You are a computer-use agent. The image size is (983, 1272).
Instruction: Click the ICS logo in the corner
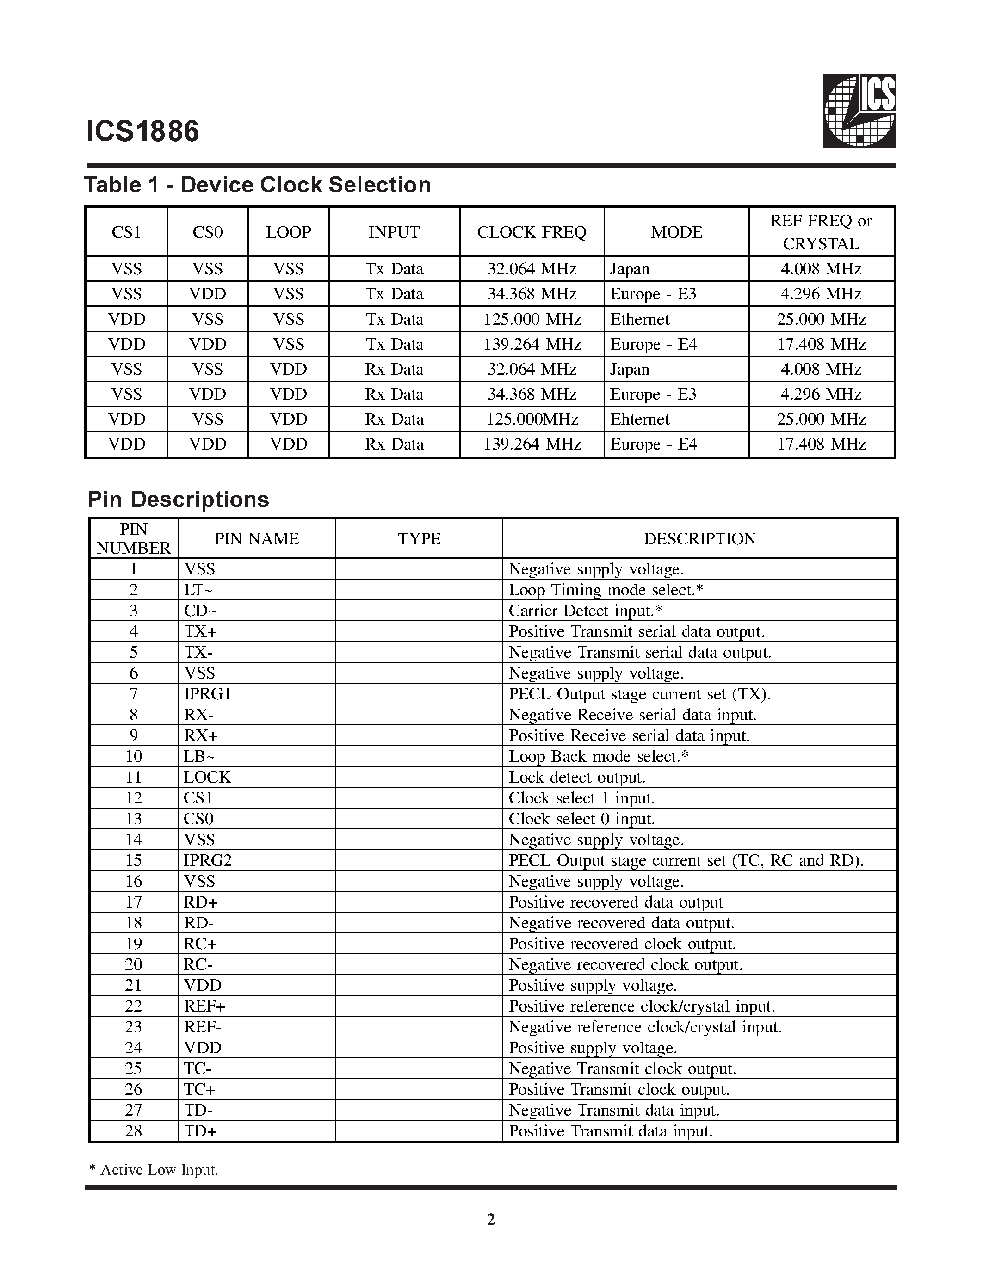pyautogui.click(x=859, y=111)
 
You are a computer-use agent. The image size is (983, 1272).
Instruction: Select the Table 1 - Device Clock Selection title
pyautogui.click(x=257, y=185)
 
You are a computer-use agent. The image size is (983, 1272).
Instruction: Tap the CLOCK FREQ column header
pyautogui.click(x=531, y=232)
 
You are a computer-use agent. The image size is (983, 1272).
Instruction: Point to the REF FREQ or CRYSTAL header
pyautogui.click(x=821, y=232)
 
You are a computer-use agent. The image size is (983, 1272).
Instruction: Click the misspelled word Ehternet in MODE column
pyautogui.click(x=639, y=420)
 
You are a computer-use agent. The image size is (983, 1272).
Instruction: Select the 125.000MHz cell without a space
pyautogui.click(x=531, y=420)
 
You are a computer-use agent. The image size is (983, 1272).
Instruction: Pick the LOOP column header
pyautogui.click(x=288, y=232)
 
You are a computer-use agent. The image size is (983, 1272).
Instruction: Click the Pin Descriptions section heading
pyautogui.click(x=178, y=499)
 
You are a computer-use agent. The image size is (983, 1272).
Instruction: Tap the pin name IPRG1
pyautogui.click(x=207, y=694)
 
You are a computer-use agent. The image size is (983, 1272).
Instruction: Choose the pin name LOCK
pyautogui.click(x=207, y=777)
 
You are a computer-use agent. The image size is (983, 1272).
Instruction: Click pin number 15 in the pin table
pyautogui.click(x=133, y=860)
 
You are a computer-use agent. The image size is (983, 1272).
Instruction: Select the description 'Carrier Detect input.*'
pyautogui.click(x=585, y=611)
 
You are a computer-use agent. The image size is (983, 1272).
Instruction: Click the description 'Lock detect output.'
pyautogui.click(x=576, y=777)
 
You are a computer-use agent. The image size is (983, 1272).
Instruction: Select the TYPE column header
pyautogui.click(x=419, y=539)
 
